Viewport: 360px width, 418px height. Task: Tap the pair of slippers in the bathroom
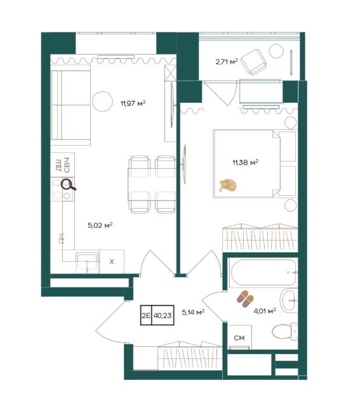[245, 299]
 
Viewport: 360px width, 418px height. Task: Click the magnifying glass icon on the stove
[68, 185]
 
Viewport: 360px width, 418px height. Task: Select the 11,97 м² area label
[133, 103]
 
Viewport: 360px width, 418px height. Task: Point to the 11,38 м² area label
[245, 162]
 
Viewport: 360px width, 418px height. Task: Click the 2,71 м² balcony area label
[227, 62]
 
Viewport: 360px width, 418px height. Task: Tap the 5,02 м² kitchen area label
[100, 226]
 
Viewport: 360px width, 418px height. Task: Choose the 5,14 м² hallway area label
[193, 312]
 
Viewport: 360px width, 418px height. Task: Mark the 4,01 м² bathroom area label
[265, 311]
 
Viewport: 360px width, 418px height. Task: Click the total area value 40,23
[163, 316]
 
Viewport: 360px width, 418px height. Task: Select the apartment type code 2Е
[145, 316]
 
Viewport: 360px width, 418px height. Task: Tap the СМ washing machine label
[239, 338]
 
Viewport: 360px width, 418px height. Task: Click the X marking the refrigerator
[112, 261]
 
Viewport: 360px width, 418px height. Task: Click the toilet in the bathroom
[284, 331]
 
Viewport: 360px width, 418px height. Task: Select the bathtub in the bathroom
[263, 273]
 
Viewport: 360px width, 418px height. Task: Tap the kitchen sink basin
[87, 263]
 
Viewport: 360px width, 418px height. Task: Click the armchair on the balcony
[253, 62]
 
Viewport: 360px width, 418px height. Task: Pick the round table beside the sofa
[102, 101]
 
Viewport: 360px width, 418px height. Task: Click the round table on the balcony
[276, 51]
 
